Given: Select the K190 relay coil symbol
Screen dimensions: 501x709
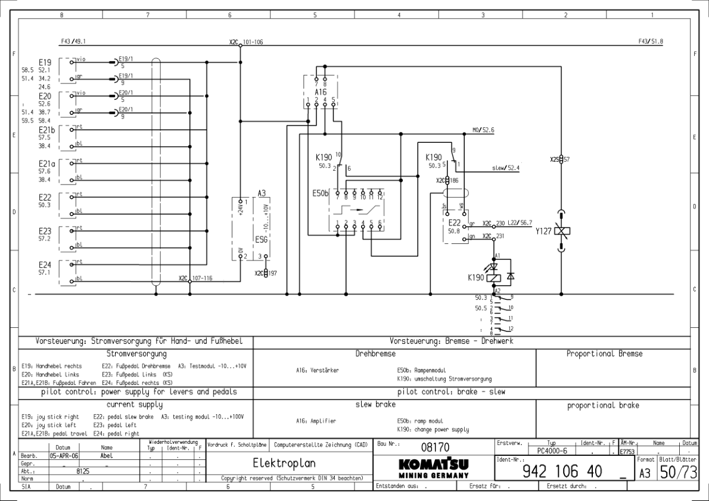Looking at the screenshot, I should click(493, 277).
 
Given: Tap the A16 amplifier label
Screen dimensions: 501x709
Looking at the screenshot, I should click(321, 93).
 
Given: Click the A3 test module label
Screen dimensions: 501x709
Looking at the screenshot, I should click(262, 193).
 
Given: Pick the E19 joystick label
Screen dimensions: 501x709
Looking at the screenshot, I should click(46, 62).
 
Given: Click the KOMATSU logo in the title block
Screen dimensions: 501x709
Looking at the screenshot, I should click(431, 464).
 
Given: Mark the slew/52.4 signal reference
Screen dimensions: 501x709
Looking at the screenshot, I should click(506, 168).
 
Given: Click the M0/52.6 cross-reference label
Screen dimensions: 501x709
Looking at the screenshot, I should click(483, 130).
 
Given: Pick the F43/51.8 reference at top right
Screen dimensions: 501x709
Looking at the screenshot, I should click(651, 42).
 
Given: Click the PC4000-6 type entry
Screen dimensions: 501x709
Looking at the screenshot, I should click(551, 452).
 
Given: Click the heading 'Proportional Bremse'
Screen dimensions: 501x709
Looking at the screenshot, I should click(604, 354).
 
